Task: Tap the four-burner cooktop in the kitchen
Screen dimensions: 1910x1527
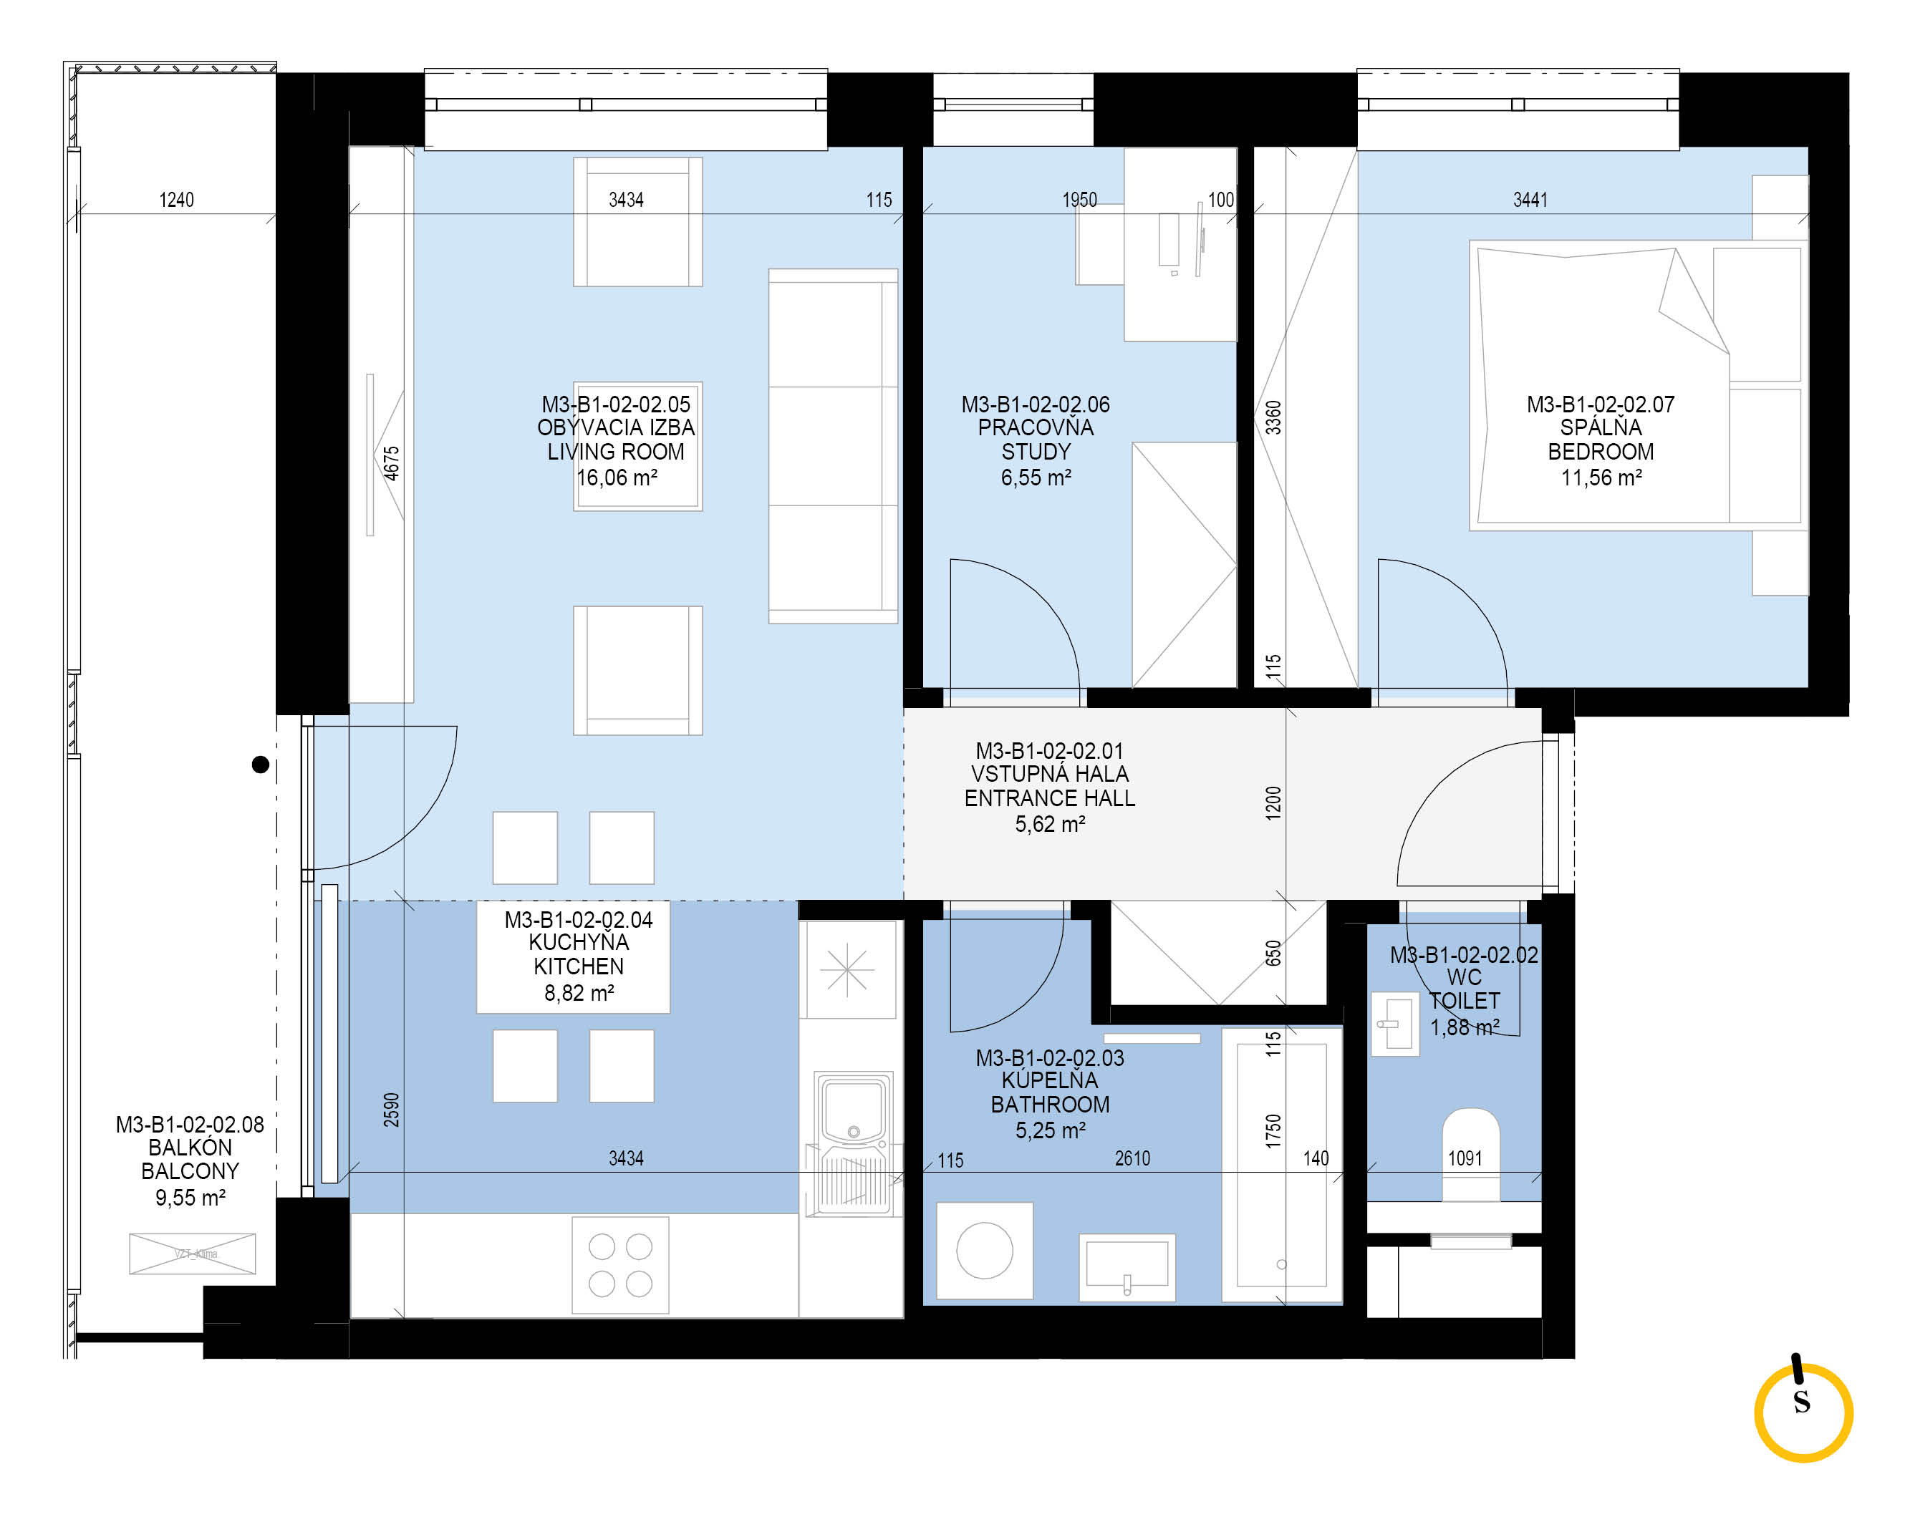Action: [x=620, y=1265]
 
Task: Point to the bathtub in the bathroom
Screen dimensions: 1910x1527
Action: [x=1282, y=1165]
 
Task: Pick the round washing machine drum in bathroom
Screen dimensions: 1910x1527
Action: [x=984, y=1251]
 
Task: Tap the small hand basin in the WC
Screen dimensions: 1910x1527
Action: [x=1395, y=1024]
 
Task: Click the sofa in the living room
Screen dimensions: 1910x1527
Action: [x=833, y=445]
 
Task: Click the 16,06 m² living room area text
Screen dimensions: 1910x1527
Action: [x=617, y=478]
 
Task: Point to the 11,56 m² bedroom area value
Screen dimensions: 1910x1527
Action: [x=1601, y=478]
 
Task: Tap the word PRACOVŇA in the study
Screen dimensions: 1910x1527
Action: [x=1036, y=428]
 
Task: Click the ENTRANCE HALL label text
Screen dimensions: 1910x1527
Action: [x=1050, y=798]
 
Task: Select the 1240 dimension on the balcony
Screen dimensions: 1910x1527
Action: [x=176, y=199]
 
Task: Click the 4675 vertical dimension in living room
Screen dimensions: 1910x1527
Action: [x=392, y=463]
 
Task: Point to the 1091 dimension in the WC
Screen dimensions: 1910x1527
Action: [x=1465, y=1158]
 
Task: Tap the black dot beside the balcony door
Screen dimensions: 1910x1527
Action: [x=261, y=765]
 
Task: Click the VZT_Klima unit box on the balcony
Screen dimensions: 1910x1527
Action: [x=192, y=1254]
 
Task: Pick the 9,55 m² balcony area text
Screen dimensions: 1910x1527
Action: [x=190, y=1198]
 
